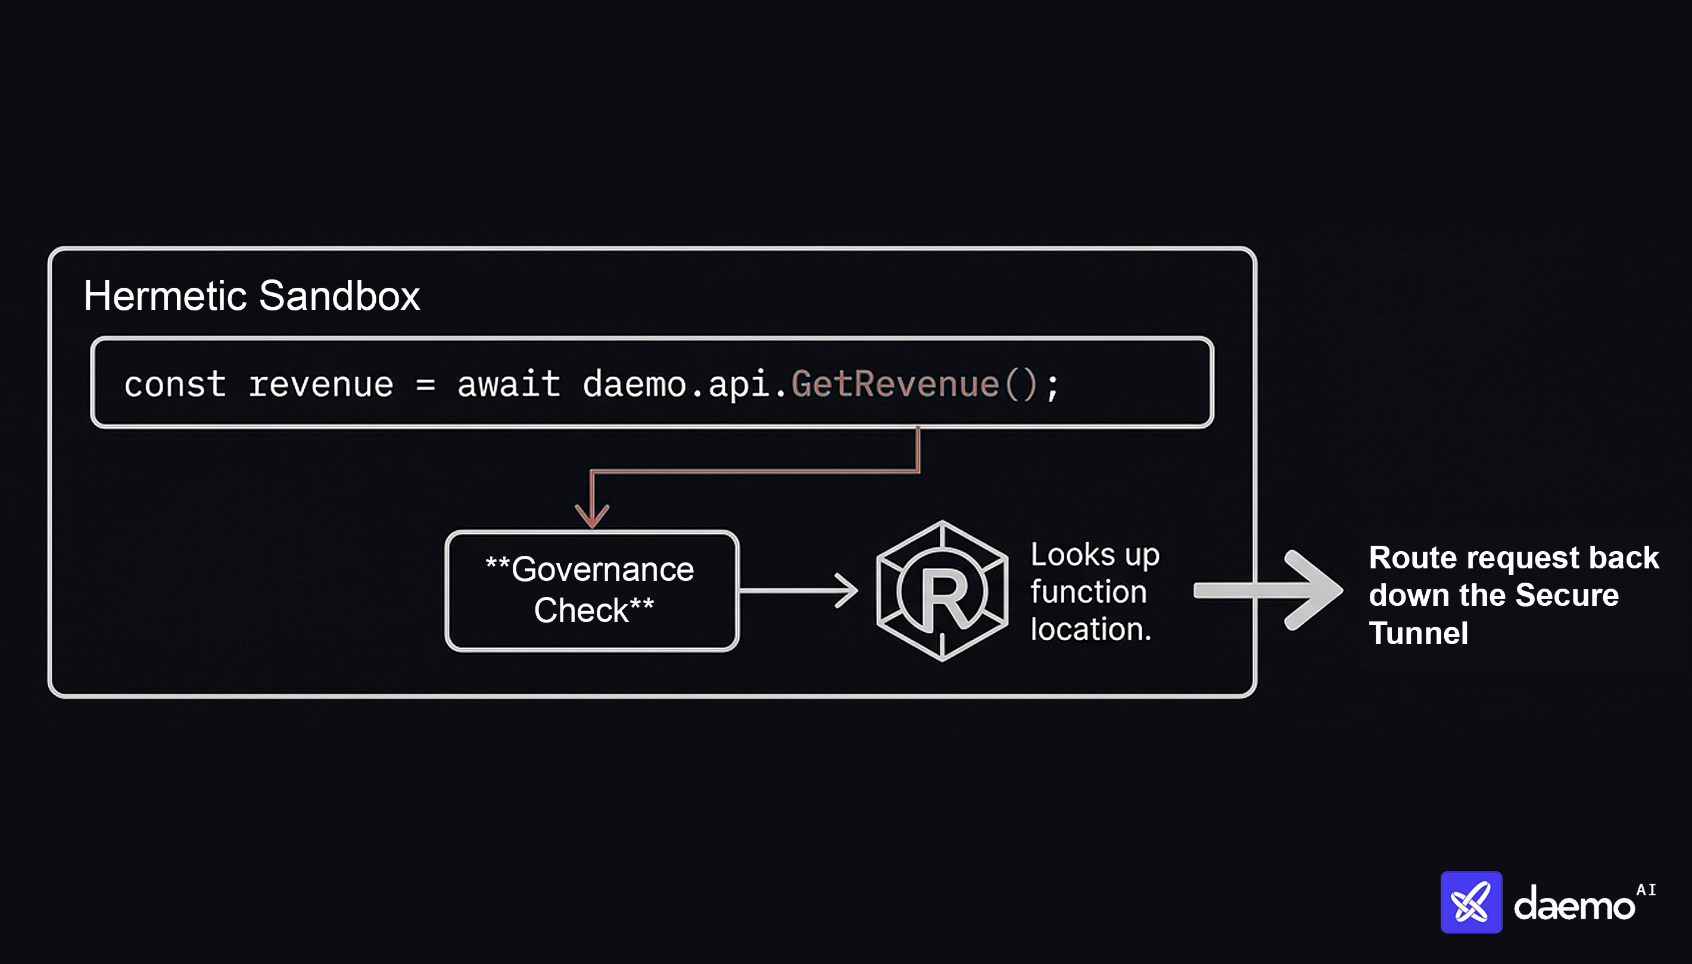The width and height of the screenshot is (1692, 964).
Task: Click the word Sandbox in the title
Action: pyautogui.click(x=339, y=296)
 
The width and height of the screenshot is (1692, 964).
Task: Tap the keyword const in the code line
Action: pyautogui.click(x=175, y=385)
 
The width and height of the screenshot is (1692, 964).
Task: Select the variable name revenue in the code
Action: pyautogui.click(x=321, y=385)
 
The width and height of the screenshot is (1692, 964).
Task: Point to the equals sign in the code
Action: pyautogui.click(x=425, y=385)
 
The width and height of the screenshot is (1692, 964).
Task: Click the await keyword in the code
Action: pyautogui.click(x=509, y=385)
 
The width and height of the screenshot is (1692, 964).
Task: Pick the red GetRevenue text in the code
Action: pyautogui.click(x=895, y=385)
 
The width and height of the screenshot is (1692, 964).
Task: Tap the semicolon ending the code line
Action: pyautogui.click(x=1053, y=386)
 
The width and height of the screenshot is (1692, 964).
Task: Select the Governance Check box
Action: pyautogui.click(x=591, y=590)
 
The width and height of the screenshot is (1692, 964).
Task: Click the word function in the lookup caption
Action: pyautogui.click(x=1089, y=591)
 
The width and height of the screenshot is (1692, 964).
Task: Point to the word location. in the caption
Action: pyautogui.click(x=1090, y=629)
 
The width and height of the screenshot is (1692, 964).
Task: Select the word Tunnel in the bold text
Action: pyautogui.click(x=1418, y=633)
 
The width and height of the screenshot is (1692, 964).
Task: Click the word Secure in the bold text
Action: pyautogui.click(x=1566, y=595)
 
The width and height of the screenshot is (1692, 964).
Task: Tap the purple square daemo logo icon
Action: pyautogui.click(x=1471, y=902)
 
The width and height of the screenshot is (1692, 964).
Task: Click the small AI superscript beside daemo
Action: pyautogui.click(x=1646, y=890)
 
